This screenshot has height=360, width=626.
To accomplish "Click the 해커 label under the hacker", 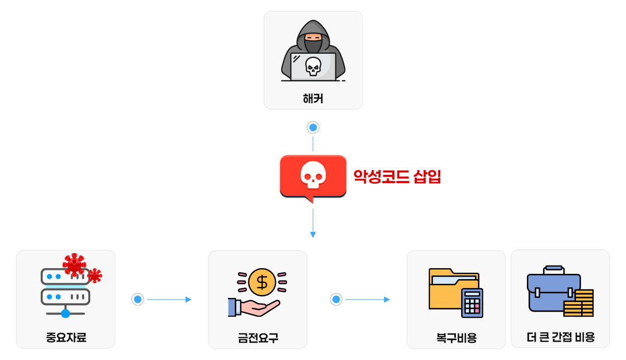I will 313,98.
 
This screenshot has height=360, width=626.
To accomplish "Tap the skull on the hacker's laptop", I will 313,66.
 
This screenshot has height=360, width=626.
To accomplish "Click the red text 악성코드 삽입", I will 398,177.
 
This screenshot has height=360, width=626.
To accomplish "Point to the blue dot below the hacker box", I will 313,127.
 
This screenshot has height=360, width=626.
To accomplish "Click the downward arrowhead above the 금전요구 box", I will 313,235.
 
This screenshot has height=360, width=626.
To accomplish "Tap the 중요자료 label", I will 66,338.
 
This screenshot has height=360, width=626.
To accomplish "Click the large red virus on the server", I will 74,264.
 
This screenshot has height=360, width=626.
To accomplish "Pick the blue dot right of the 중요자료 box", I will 138,299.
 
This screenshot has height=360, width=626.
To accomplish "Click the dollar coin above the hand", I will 262,282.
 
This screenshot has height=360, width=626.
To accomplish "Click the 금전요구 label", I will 258,338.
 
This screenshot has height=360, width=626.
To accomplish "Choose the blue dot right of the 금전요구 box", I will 336,299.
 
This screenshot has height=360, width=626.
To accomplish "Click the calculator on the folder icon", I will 472,303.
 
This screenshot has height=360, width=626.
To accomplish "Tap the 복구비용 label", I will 456,338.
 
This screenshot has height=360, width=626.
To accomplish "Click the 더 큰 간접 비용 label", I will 560,337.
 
